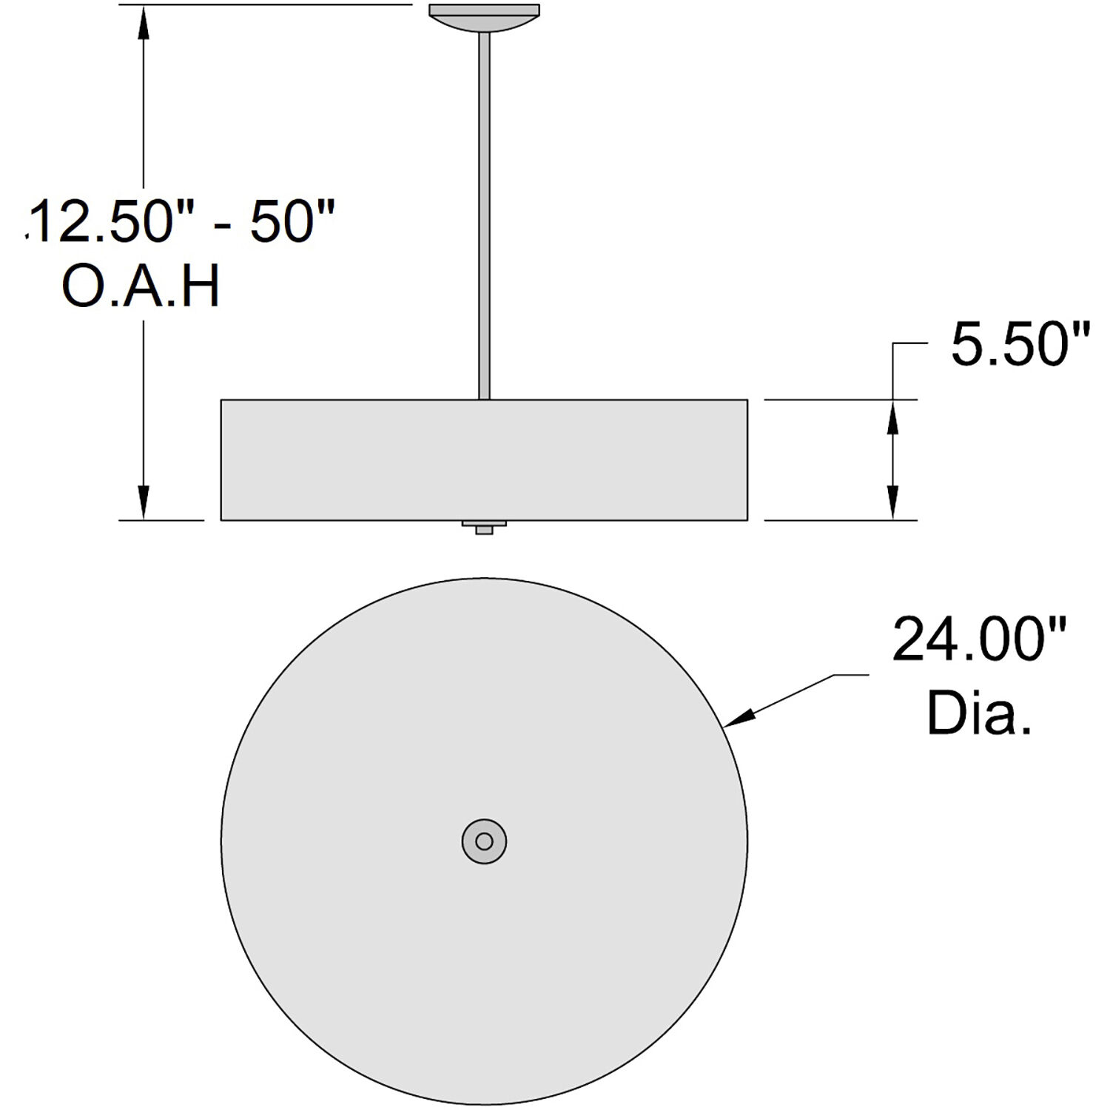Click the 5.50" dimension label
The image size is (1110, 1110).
(1020, 345)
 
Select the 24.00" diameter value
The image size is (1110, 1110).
(979, 640)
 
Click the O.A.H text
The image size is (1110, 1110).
(141, 288)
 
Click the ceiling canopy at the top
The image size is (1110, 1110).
(485, 16)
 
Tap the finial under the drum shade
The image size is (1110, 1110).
(484, 527)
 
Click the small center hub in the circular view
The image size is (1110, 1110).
(484, 841)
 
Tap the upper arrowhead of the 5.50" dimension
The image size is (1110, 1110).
(892, 418)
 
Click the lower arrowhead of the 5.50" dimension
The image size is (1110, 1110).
(892, 502)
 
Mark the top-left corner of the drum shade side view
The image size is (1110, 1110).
(221, 400)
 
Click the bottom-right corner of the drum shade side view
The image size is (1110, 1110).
(747, 520)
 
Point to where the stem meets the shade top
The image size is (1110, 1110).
(485, 400)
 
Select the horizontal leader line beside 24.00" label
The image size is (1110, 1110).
(851, 674)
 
